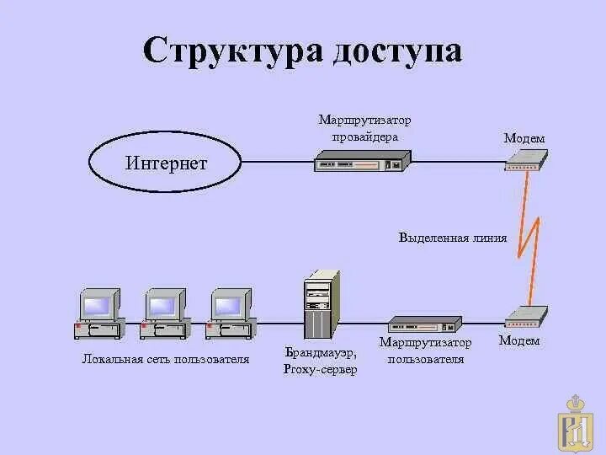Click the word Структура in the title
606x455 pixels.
tap(231, 51)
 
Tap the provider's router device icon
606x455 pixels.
tap(363, 161)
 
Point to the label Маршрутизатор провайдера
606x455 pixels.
tap(364, 129)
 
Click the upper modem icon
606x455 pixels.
tap(526, 160)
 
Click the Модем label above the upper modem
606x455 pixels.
tap(524, 138)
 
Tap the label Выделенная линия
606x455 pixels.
tap(453, 238)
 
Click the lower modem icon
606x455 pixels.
tap(526, 317)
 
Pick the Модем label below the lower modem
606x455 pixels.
tap(519, 341)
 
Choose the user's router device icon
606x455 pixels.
tap(425, 325)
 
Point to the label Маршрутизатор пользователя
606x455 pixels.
tap(425, 351)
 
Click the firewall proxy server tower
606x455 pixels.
tap(322, 304)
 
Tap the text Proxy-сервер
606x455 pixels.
tap(321, 370)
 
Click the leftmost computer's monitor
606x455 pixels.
tap(98, 304)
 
